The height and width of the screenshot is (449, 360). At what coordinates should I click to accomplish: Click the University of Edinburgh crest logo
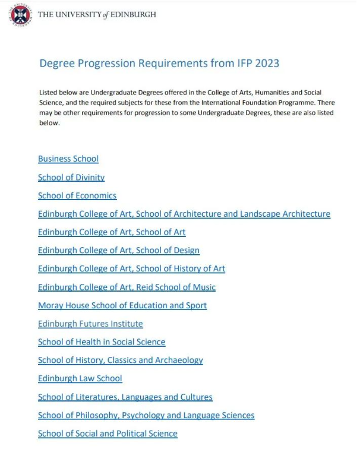tap(20, 15)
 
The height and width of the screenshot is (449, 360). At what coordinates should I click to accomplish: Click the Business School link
tap(68, 159)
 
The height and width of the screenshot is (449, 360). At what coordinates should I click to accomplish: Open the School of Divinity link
tap(71, 177)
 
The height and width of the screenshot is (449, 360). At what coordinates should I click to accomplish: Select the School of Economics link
tap(77, 195)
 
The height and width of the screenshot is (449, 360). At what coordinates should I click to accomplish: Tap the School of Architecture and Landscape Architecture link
tap(184, 214)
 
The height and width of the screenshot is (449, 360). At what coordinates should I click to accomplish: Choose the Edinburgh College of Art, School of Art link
tap(112, 232)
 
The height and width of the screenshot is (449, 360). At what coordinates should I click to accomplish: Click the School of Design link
tap(119, 251)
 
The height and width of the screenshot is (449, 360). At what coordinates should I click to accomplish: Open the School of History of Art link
tap(131, 269)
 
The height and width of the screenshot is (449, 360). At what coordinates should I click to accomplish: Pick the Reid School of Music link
tap(127, 287)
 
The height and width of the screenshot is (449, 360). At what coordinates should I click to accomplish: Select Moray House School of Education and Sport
tap(122, 305)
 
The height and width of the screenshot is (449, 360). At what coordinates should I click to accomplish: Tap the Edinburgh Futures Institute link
tap(90, 324)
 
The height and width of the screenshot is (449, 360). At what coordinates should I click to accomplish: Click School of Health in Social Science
tap(102, 342)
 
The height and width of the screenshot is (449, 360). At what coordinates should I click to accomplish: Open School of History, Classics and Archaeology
tap(121, 360)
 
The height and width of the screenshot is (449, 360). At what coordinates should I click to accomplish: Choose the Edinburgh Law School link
tap(80, 378)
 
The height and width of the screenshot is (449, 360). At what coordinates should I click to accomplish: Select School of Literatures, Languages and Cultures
tap(125, 397)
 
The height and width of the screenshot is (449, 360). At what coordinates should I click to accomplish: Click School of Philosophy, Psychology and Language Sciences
tap(146, 415)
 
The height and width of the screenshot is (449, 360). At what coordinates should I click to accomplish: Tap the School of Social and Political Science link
tap(108, 434)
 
